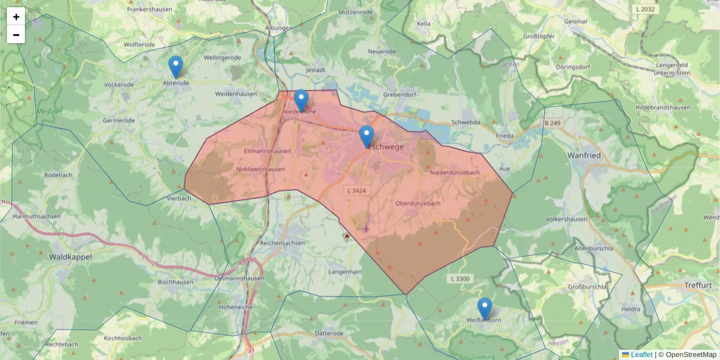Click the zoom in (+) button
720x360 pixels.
pyautogui.click(x=16, y=17)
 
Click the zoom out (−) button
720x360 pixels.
pyautogui.click(x=16, y=35)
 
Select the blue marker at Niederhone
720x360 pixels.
pyautogui.click(x=301, y=100)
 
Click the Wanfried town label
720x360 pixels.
pyautogui.click(x=584, y=155)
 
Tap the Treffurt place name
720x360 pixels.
pyautogui.click(x=697, y=286)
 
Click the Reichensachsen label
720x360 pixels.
pyautogui.click(x=282, y=244)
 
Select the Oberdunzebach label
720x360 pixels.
pyautogui.click(x=418, y=203)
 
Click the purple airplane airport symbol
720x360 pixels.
pyautogui.click(x=367, y=229)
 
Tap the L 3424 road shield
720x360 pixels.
pyautogui.click(x=356, y=190)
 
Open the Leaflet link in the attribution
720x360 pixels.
pyautogui.click(x=641, y=355)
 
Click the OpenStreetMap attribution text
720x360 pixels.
pyautogui.click(x=691, y=355)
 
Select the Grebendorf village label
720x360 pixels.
pyautogui.click(x=400, y=95)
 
